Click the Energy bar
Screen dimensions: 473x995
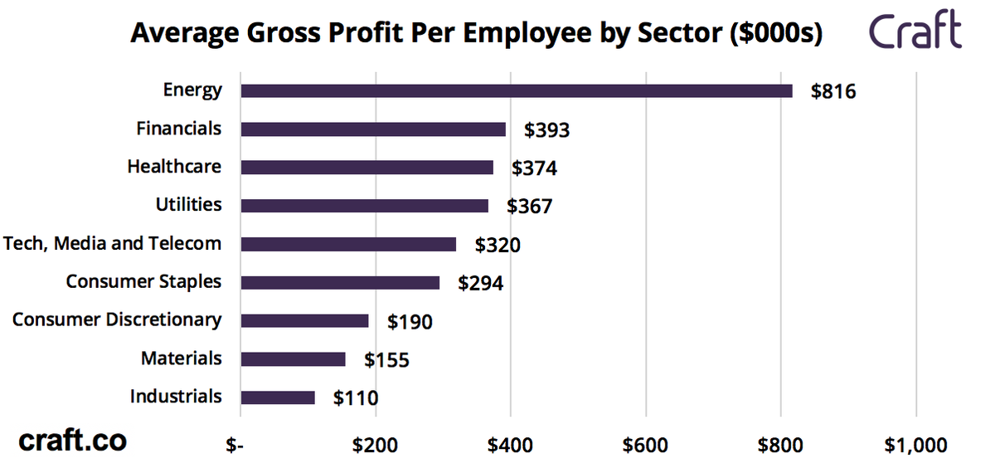point(516,91)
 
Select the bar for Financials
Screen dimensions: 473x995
point(373,129)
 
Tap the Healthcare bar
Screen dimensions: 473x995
point(366,168)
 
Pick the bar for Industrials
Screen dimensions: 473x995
point(278,397)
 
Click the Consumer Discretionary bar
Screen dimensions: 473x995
point(304,320)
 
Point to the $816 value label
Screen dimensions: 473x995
point(832,91)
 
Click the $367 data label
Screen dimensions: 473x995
point(529,207)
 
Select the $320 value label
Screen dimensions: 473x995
point(498,245)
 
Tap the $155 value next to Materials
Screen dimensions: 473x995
point(386,359)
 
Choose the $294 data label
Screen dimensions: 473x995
point(481,283)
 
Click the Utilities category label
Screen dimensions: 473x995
point(188,204)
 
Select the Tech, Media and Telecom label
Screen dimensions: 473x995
point(113,243)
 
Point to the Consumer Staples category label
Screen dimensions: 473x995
point(143,281)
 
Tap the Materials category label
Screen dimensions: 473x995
point(181,358)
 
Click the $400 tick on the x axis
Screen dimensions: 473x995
point(510,446)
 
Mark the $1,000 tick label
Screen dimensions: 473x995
point(915,446)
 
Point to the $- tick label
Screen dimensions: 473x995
point(235,446)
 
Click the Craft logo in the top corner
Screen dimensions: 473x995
point(915,32)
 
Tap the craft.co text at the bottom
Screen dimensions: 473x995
point(72,441)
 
